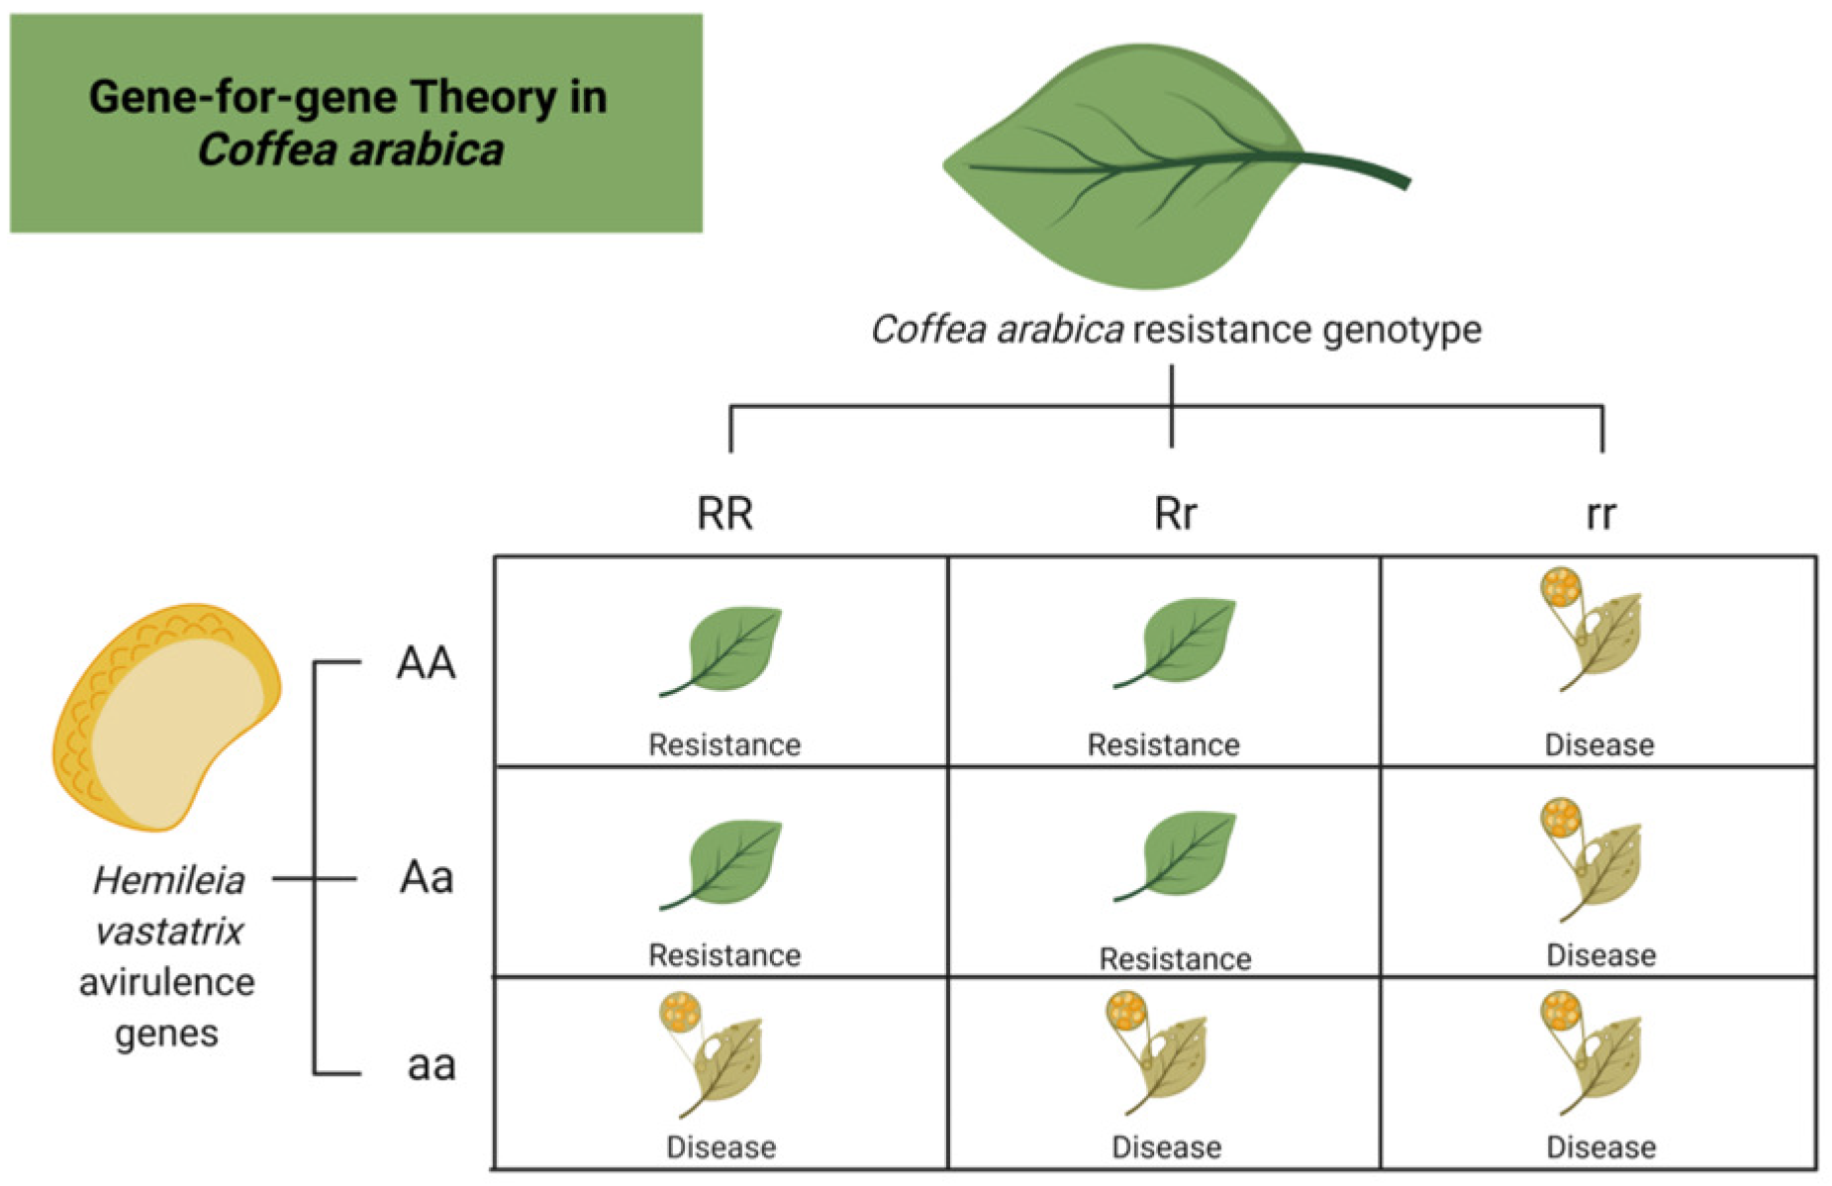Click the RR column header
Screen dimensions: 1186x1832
(724, 514)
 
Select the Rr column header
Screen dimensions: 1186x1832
(1175, 514)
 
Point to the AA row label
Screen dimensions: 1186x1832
(426, 662)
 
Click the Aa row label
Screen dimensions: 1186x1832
(427, 877)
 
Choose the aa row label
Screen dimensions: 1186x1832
(431, 1065)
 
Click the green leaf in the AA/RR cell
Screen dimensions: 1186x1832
(727, 648)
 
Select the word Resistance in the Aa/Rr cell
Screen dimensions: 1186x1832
(1175, 958)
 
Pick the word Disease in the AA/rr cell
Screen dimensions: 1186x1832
(1599, 744)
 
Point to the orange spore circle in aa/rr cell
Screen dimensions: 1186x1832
(1561, 1012)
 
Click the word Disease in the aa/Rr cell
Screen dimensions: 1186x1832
(1166, 1147)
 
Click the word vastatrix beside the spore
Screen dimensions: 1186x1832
(168, 932)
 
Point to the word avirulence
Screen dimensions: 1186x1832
(166, 982)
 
